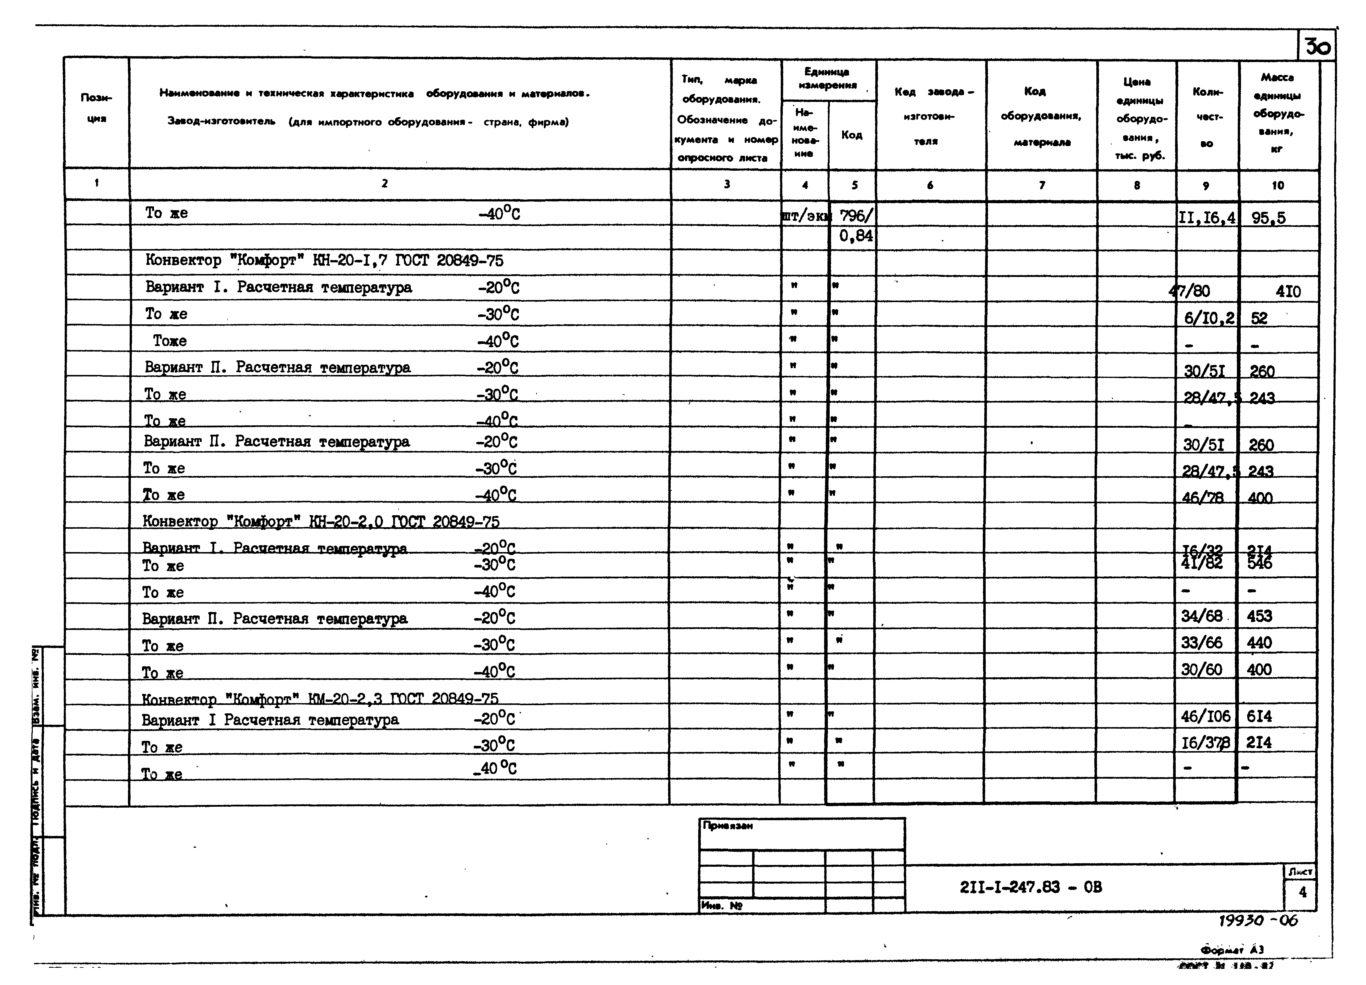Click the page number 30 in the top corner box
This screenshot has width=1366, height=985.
tap(1317, 46)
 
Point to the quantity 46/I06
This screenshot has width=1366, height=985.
tap(1205, 716)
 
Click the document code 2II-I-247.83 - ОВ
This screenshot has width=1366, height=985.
tap(1031, 887)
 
